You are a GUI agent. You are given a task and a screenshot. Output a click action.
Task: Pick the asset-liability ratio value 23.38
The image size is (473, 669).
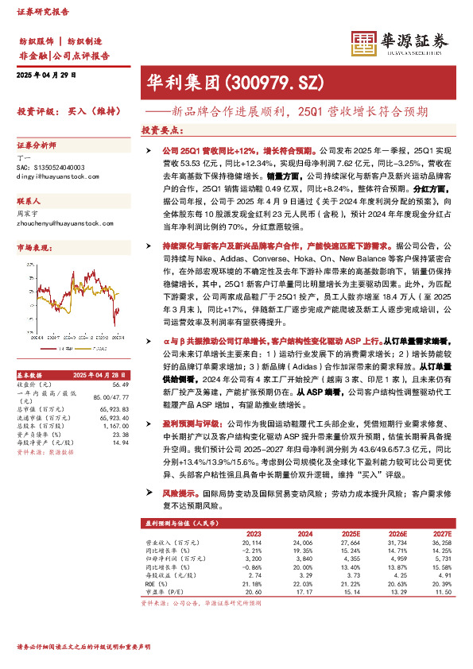(121, 435)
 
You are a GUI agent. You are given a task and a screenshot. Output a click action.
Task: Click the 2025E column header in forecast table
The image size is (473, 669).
(349, 533)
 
